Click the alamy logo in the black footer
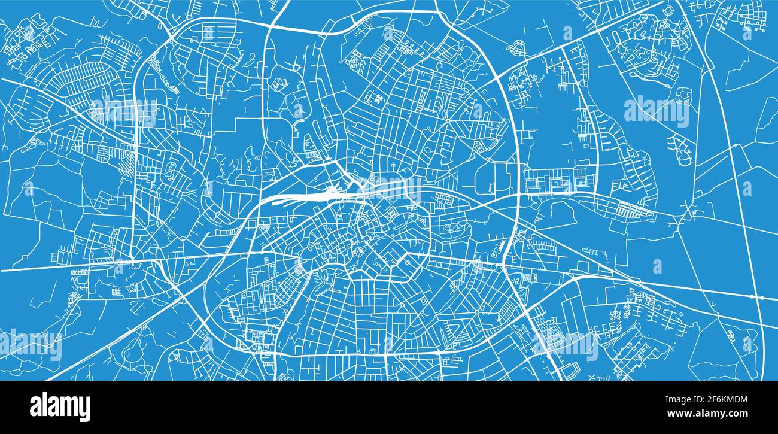60,407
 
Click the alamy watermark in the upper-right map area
656,111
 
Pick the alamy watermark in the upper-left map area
123,111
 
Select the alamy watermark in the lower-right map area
565,345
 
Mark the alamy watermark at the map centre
389,189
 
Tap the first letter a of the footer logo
36,407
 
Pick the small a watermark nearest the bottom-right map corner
747,343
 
